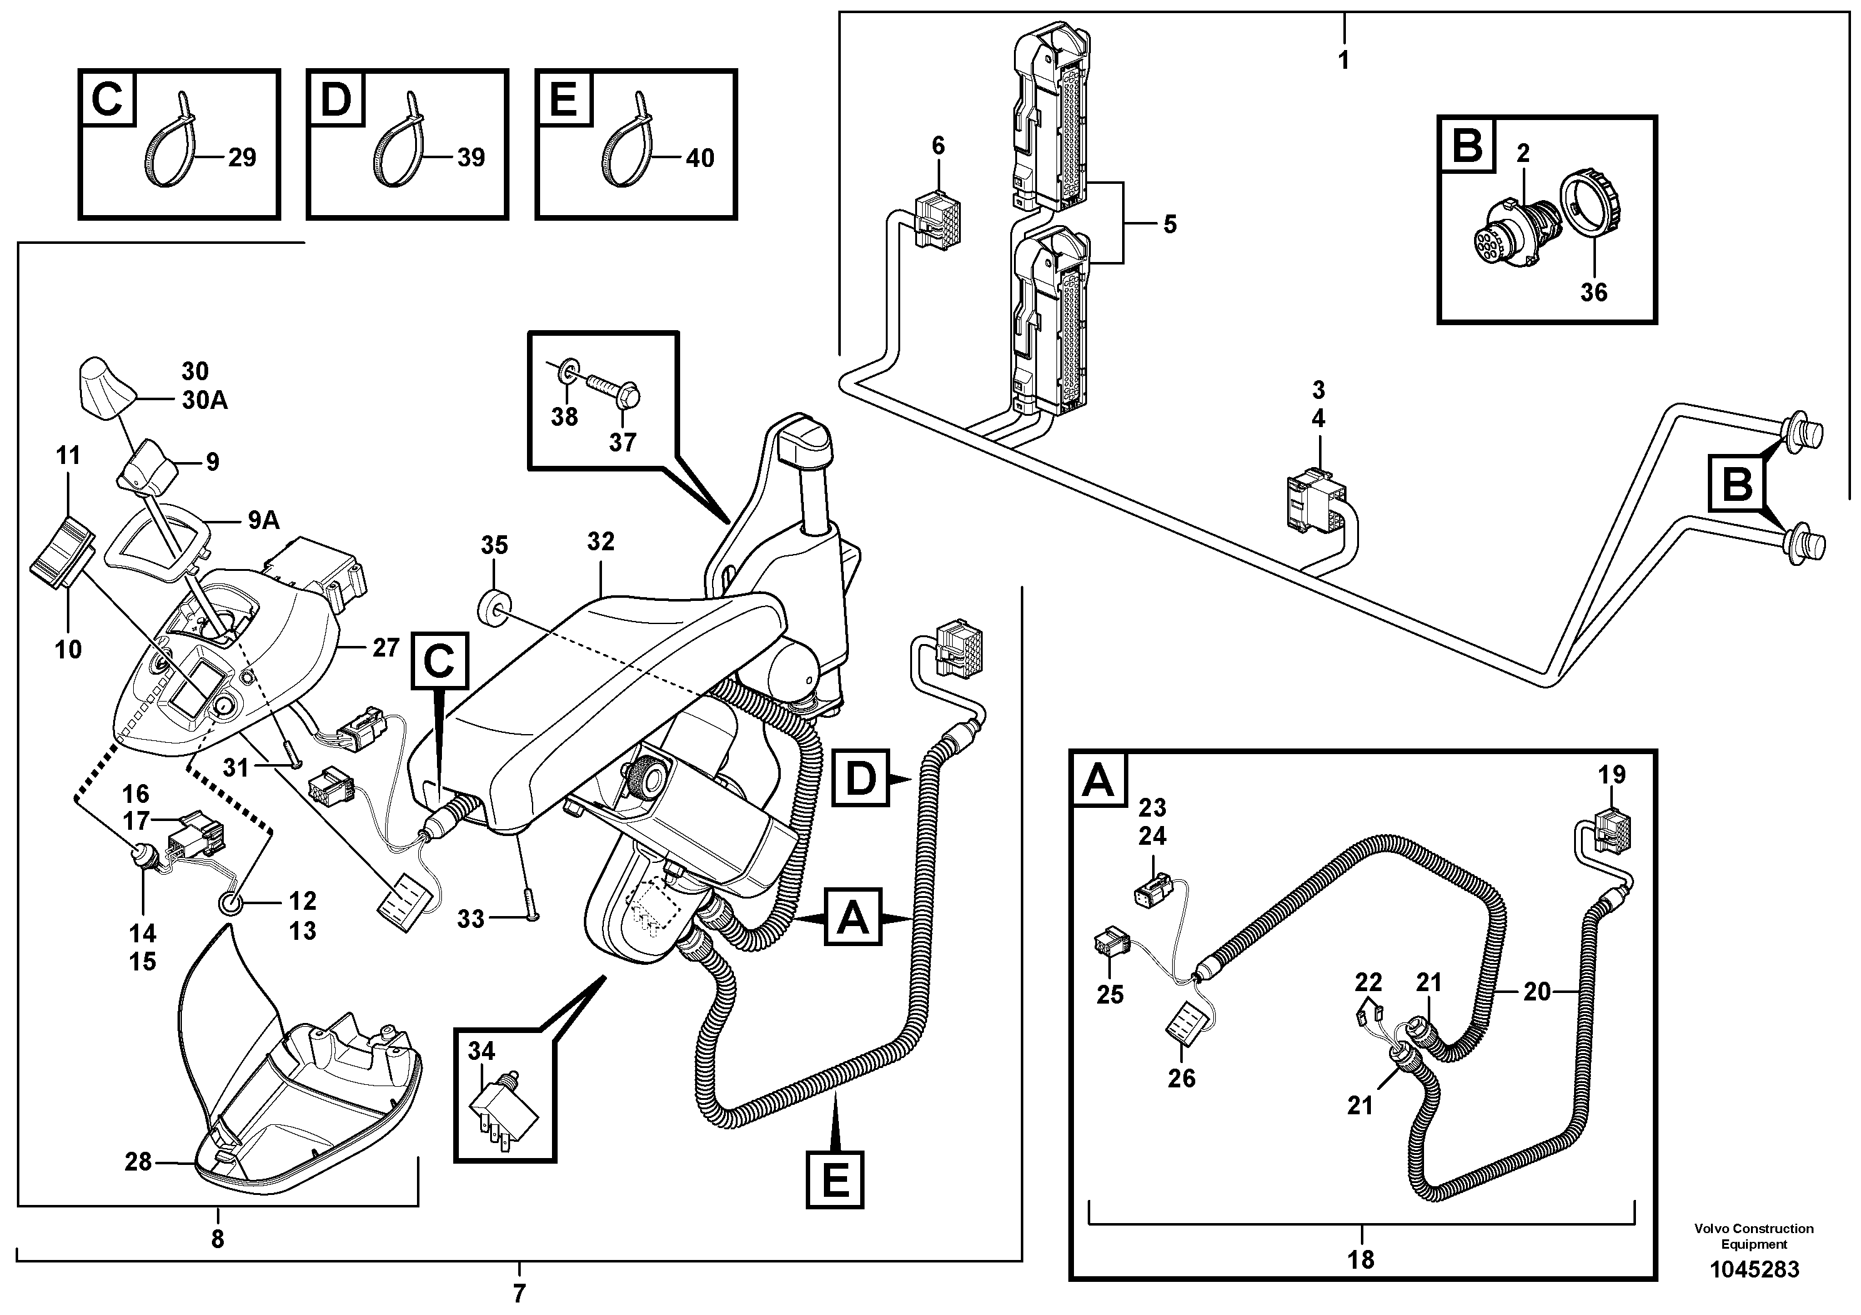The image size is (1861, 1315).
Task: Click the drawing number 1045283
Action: (1754, 1269)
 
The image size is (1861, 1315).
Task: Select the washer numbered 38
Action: (568, 371)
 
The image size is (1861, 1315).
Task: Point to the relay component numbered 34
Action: (504, 1111)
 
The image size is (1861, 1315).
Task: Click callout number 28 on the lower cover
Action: (138, 1162)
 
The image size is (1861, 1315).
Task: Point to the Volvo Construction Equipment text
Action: (1753, 1236)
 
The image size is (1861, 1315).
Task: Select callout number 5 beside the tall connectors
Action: (1170, 224)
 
